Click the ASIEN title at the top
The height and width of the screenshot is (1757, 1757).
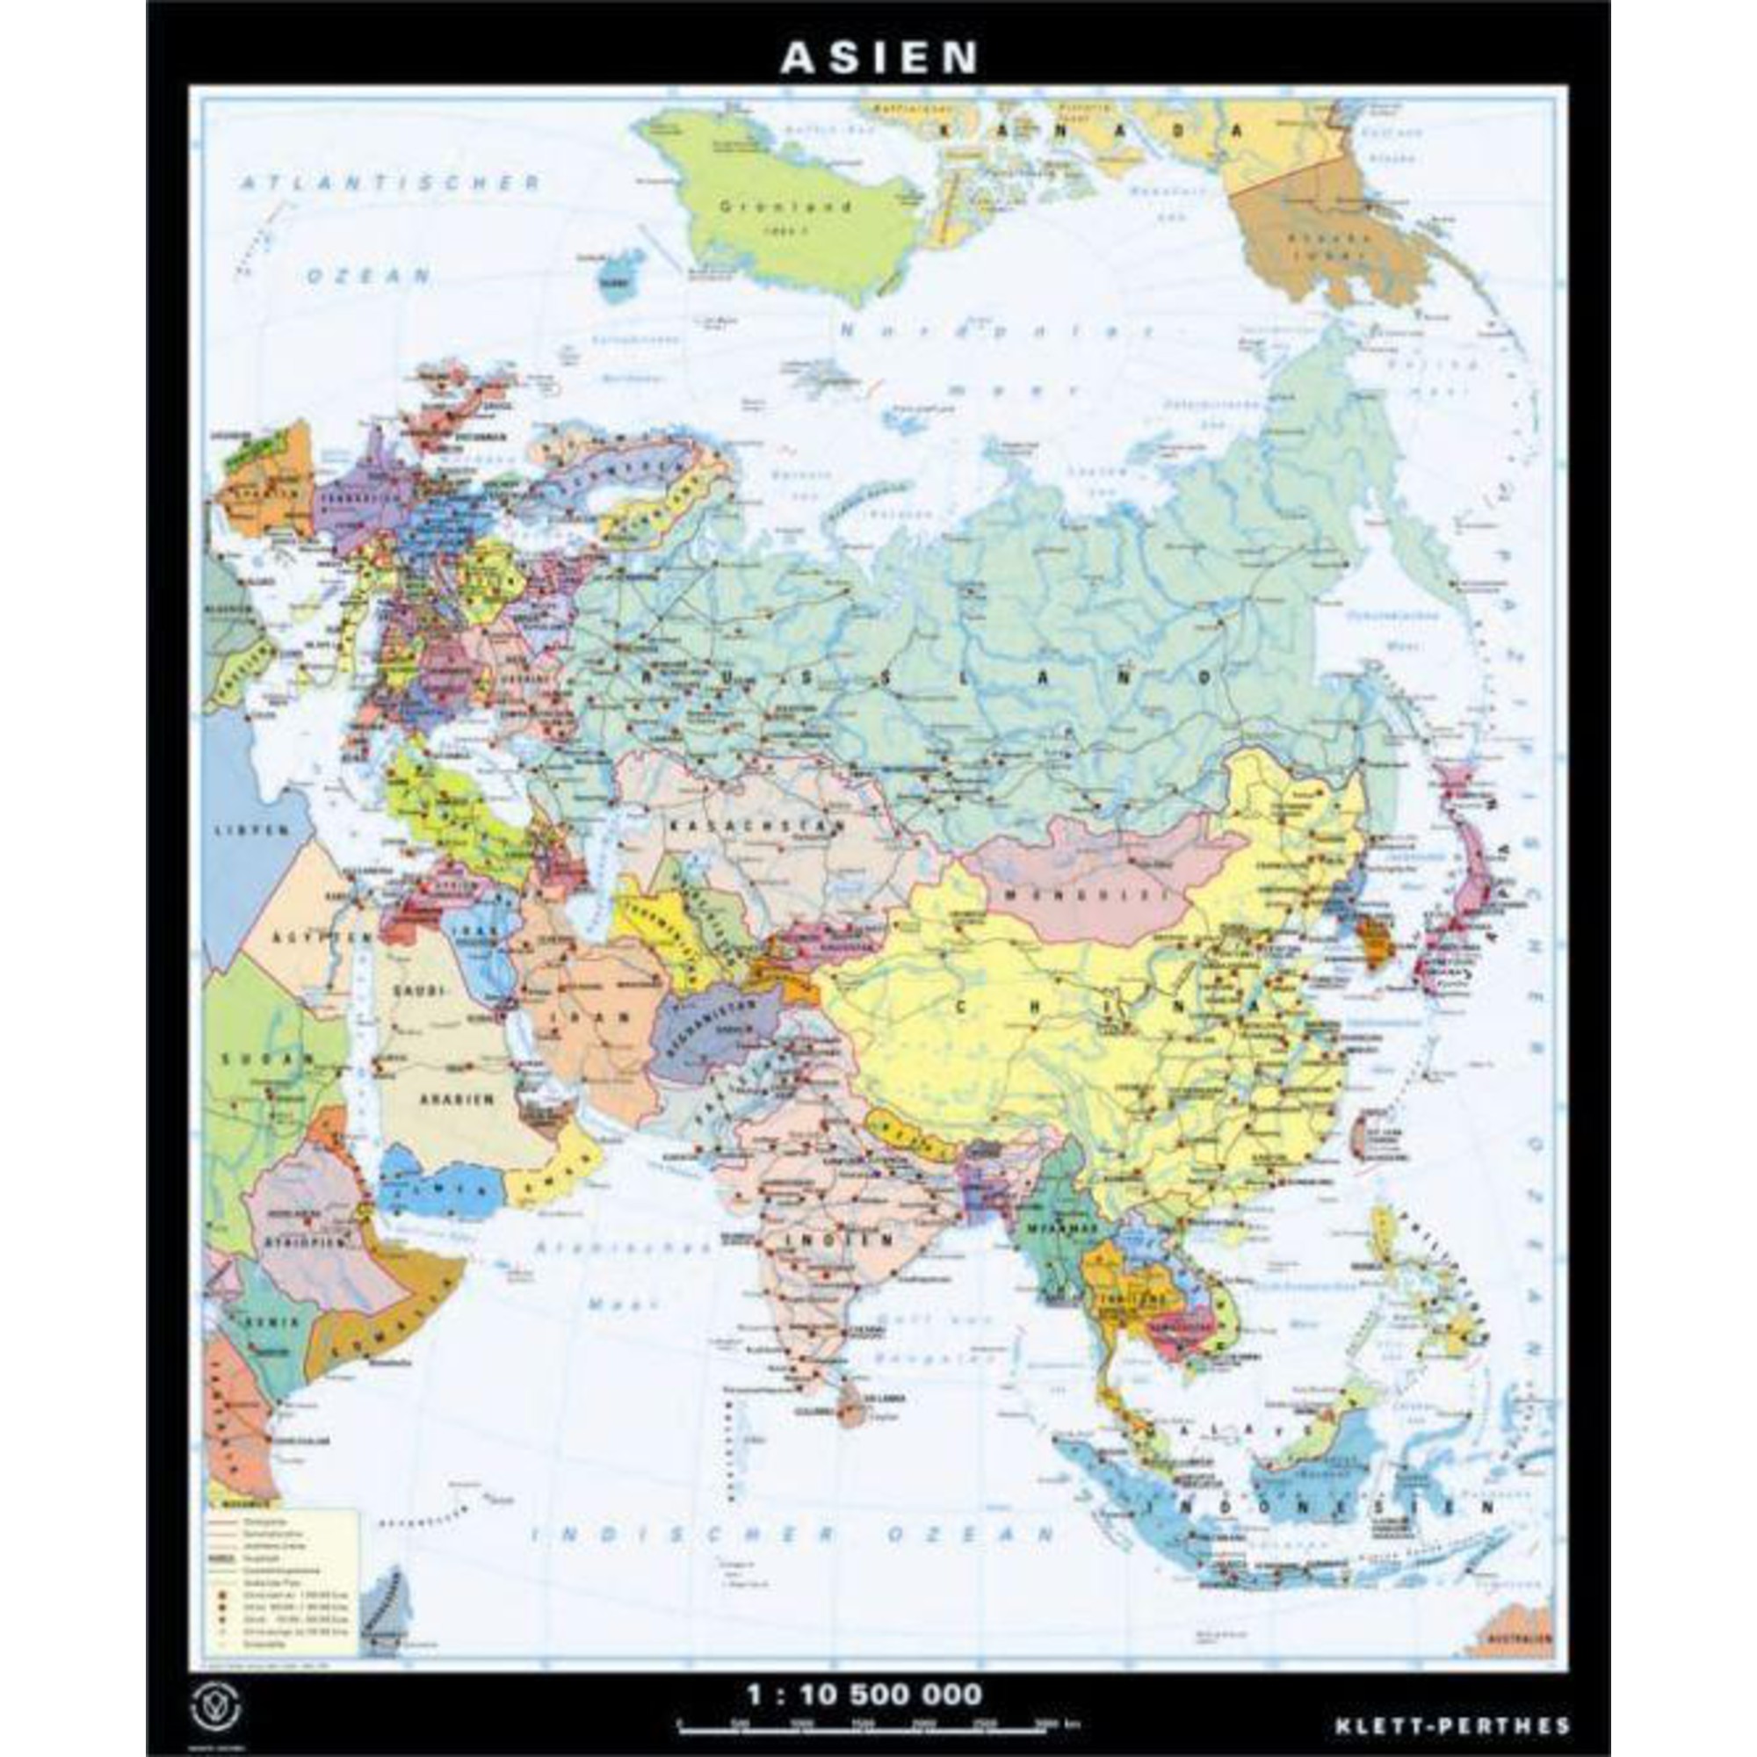[x=878, y=57]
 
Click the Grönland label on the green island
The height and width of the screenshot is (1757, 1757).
[x=785, y=206]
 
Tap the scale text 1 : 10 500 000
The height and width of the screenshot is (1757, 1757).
[x=864, y=1670]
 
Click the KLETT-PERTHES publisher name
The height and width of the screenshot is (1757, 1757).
[x=1452, y=1701]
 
